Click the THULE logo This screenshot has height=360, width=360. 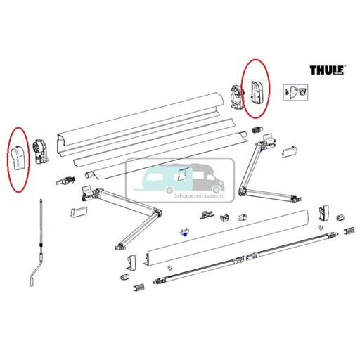[x=327, y=70]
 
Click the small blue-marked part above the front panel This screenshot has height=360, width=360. [x=184, y=233]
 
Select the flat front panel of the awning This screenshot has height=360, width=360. [x=225, y=236]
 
